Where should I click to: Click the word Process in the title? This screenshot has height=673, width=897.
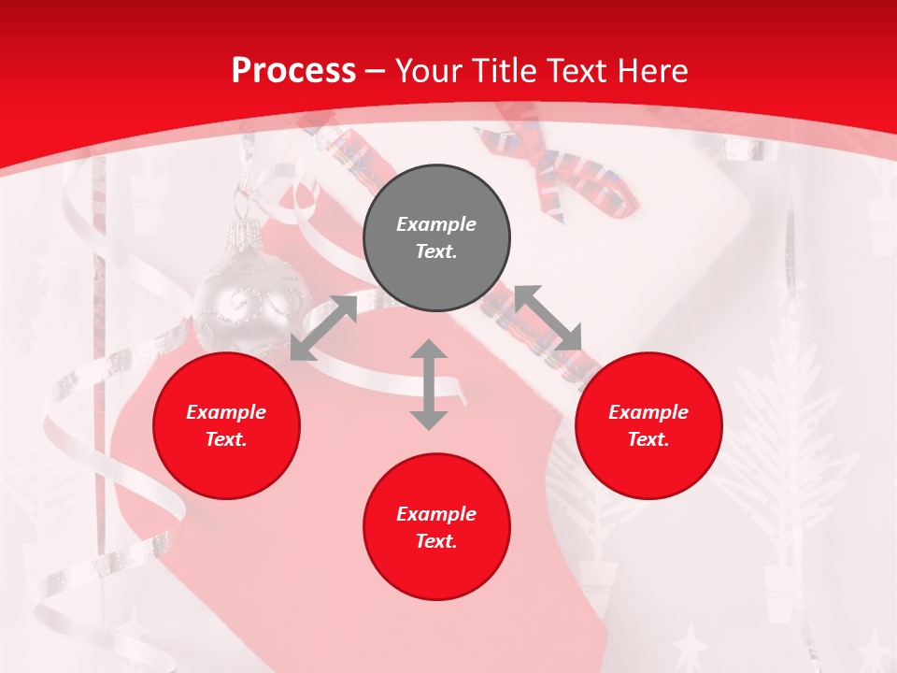coord(293,70)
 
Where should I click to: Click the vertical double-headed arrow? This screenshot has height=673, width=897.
coord(429,384)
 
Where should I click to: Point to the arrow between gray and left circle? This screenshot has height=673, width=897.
coord(323,328)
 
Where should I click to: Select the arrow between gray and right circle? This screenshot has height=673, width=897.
coord(548,319)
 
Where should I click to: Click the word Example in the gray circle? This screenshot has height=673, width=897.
coord(436,224)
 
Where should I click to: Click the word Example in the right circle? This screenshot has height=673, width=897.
coord(648,412)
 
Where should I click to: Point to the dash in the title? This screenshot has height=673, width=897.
coord(376,71)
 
